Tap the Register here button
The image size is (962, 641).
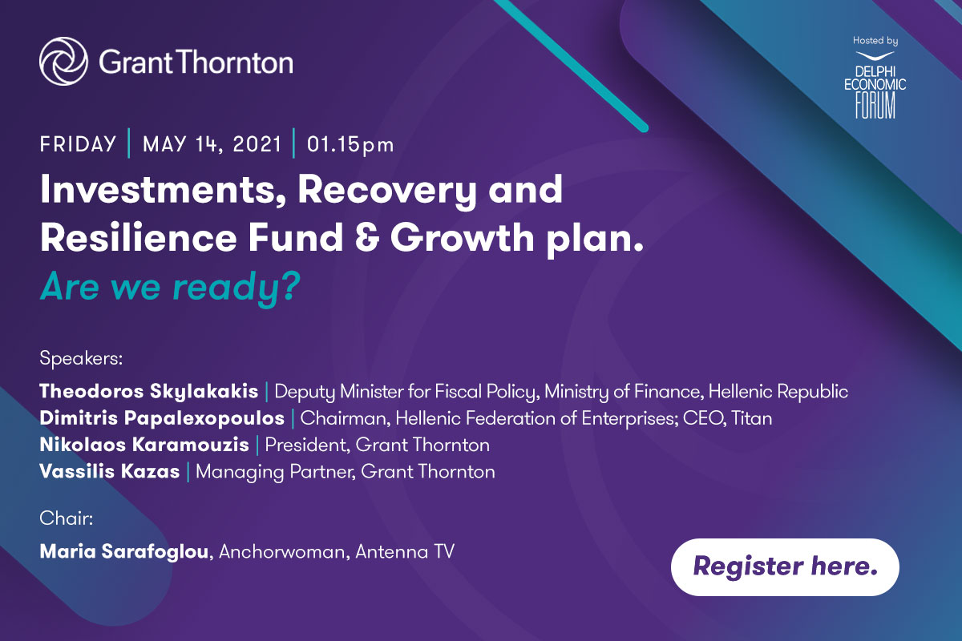pos(785,566)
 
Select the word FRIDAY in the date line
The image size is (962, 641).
pos(78,145)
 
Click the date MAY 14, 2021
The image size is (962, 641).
pos(212,145)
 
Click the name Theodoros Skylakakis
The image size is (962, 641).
pos(149,392)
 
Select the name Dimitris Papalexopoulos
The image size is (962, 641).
pos(162,418)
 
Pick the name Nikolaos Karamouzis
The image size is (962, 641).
pos(144,445)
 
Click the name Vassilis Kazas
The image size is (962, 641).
pos(109,471)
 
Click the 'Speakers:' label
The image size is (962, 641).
pos(80,358)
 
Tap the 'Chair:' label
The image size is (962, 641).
pos(67,518)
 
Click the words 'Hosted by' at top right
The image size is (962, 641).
pos(875,40)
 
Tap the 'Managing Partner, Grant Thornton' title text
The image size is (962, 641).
pos(346,471)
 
